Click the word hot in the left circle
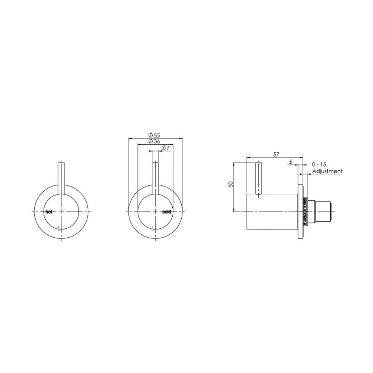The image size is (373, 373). click(49, 212)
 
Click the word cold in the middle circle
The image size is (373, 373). click(167, 212)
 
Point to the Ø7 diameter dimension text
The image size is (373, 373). click(164, 148)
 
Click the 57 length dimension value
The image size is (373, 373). click(276, 155)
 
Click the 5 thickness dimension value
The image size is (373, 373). click(291, 161)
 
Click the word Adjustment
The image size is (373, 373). click(327, 171)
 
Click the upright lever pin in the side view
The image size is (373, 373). click(258, 178)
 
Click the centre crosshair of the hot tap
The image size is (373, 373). click(61, 211)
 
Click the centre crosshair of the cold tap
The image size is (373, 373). click(156, 211)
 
